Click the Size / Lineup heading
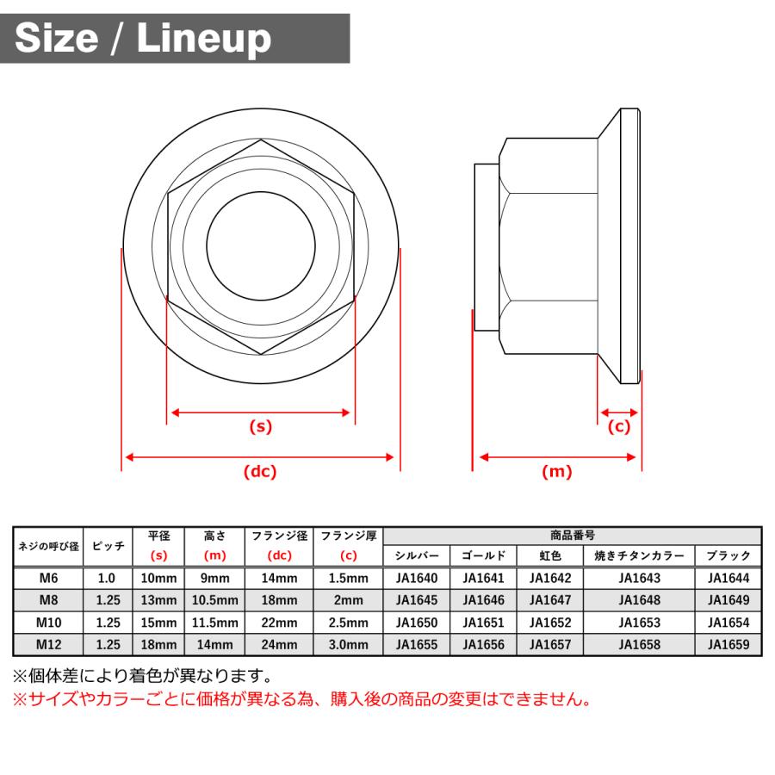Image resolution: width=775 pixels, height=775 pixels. click(143, 38)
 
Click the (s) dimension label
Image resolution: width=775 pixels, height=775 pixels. click(260, 425)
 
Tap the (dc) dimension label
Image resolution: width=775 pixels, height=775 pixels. click(260, 471)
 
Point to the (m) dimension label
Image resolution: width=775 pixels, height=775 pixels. click(556, 471)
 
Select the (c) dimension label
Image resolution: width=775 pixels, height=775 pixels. click(619, 426)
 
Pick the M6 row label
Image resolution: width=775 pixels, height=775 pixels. click(48, 579)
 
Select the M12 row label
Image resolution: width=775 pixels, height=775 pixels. click(48, 643)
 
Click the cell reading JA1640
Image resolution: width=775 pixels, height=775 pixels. click(417, 579)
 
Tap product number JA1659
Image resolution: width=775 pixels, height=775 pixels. click(728, 643)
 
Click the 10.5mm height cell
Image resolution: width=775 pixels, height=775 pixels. click(214, 600)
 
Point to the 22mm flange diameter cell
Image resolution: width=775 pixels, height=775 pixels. click(279, 622)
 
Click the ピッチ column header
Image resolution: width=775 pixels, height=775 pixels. click(108, 546)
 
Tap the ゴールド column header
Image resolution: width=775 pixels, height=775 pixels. click(483, 556)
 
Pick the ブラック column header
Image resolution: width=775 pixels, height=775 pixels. click(728, 556)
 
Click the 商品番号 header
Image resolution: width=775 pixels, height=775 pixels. click(573, 536)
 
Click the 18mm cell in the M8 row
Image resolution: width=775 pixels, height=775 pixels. click(279, 600)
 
